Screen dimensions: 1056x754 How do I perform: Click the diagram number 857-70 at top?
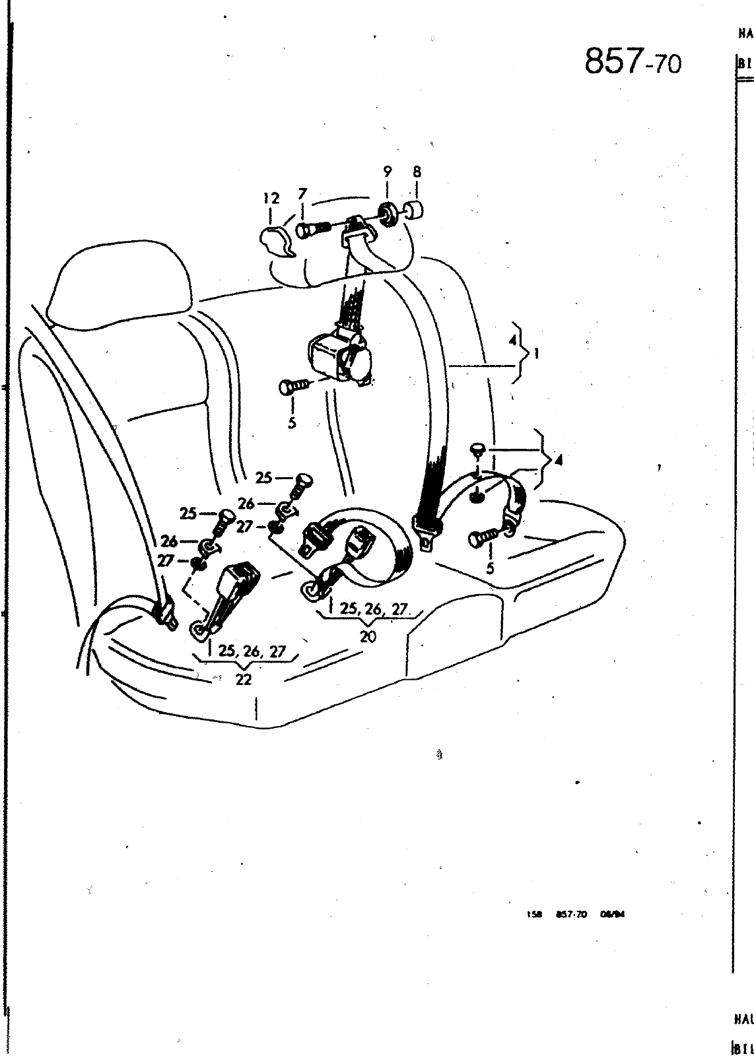[632, 62]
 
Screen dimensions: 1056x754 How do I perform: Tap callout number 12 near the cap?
[271, 198]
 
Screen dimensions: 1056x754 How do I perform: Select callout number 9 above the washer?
[388, 172]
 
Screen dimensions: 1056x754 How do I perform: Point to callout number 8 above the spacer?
[417, 172]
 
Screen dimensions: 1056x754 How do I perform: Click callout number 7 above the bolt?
[302, 195]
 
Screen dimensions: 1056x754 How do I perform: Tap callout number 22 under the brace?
[244, 680]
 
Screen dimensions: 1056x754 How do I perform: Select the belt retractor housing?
[337, 357]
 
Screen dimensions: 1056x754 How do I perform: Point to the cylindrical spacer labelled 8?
[414, 211]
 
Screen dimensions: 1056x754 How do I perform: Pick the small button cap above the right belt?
[477, 450]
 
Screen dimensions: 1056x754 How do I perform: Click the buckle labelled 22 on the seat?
[236, 583]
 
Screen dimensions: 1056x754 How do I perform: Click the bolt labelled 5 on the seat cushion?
[481, 539]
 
